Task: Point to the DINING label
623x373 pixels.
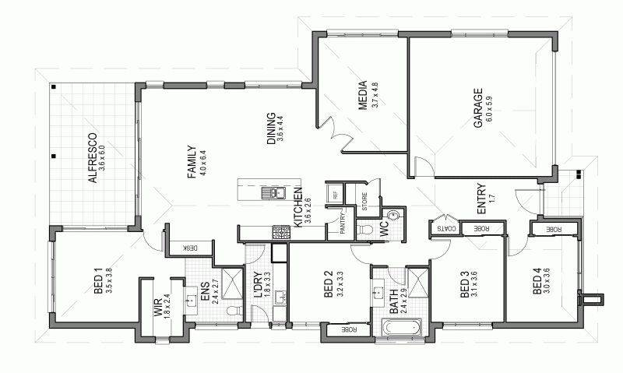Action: coord(272,128)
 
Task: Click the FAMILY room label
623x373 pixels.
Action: coord(192,163)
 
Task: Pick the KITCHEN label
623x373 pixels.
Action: coord(298,212)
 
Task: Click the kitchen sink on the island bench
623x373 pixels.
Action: coord(274,192)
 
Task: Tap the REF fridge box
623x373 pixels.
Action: coord(336,195)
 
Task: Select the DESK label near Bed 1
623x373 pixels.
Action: coord(190,248)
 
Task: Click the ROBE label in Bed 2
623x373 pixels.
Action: coord(343,330)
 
